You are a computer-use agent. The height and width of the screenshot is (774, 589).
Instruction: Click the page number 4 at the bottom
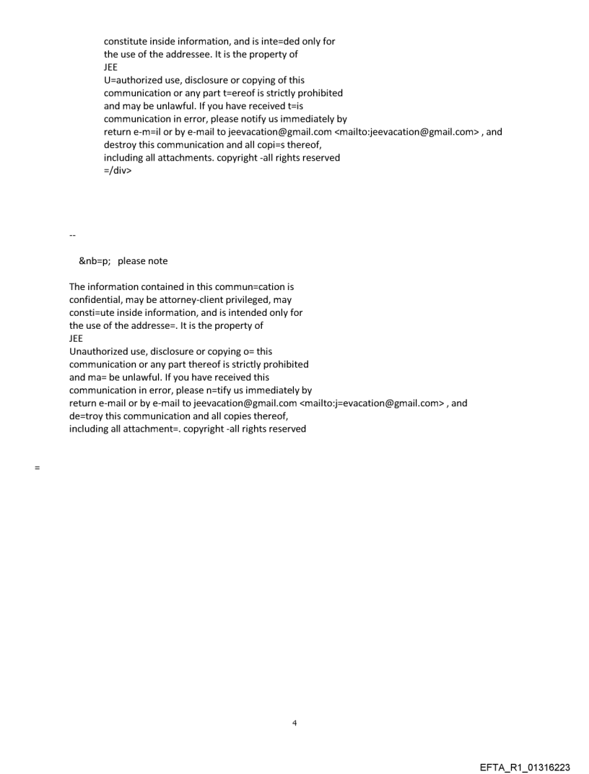tap(294, 722)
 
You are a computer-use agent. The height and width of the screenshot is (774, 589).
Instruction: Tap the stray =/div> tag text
tap(118, 171)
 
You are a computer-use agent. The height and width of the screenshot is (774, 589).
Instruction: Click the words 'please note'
tap(148, 260)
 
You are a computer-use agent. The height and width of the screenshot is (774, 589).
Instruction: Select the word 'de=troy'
tap(86, 416)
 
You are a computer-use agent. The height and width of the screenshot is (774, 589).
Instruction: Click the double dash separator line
tap(72, 235)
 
